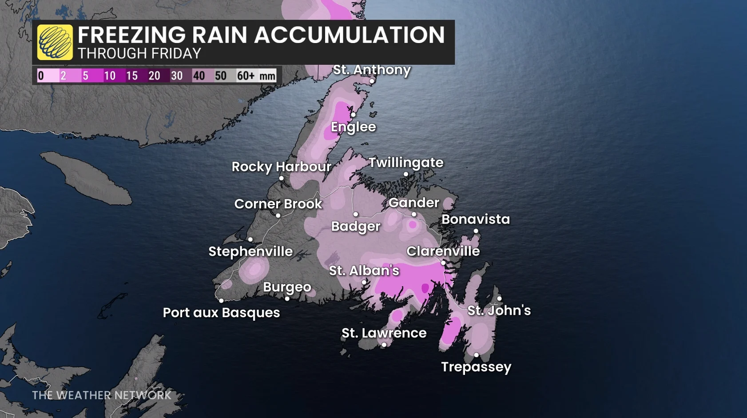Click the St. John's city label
pos(499,310)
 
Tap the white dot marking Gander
pos(414,214)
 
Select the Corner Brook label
pos(278,204)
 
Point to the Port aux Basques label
pos(221,313)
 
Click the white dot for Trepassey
pos(476,355)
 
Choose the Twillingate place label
pos(406,163)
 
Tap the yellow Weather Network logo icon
pos(55,42)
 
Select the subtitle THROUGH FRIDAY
pos(139,54)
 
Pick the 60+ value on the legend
pos(245,76)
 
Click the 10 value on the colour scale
pos(110,76)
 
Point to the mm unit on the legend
pos(267,76)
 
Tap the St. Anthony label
pos(372,70)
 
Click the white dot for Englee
pos(353,115)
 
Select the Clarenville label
pos(443,251)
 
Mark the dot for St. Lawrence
pos(384,345)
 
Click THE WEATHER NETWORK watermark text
pos(102,395)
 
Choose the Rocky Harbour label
pos(282,167)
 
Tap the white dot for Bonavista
pos(476,231)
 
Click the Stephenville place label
pos(250,251)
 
